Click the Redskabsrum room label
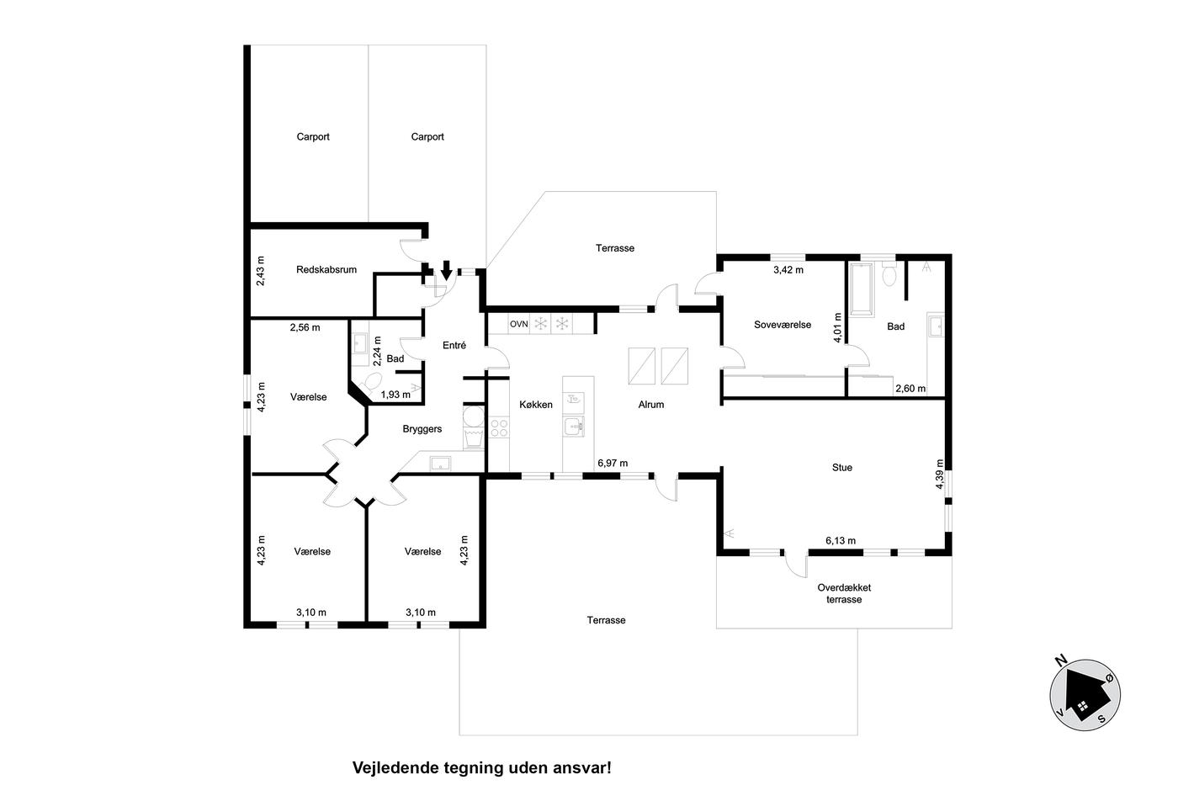pos(326,270)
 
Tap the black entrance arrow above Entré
pos(446,270)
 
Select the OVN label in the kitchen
pos(518,324)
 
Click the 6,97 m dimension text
pos(613,464)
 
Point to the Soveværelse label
pos(783,325)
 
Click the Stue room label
pos(842,468)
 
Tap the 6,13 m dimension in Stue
pos(841,540)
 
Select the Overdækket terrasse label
pos(844,594)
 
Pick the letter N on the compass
pos(1061,661)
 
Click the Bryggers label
pos(422,429)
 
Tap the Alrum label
pos(651,405)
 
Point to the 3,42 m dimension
pos(788,270)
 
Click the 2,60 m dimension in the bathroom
pos(910,389)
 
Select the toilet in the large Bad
pos(889,274)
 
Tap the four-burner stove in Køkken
pos(499,427)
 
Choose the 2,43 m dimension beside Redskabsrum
pos(260,271)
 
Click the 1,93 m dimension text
pos(395,395)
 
